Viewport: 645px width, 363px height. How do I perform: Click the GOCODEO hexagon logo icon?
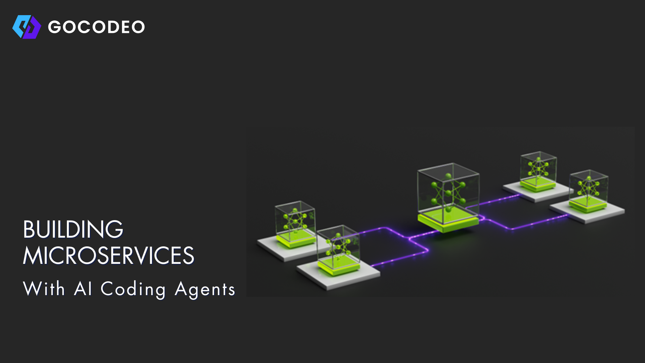(x=27, y=27)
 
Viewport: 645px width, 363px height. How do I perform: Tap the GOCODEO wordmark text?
(x=96, y=27)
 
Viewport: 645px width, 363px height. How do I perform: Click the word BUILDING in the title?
(x=73, y=230)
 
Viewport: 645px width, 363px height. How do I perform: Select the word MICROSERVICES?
(x=109, y=256)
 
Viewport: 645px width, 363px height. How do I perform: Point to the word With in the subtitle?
(x=44, y=289)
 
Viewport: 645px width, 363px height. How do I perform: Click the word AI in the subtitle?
(x=83, y=289)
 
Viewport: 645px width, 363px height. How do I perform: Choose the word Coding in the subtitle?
(x=133, y=289)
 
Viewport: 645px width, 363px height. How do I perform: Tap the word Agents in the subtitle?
(x=205, y=289)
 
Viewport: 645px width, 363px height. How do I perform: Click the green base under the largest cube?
(x=448, y=222)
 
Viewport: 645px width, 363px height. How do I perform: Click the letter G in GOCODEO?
(x=54, y=27)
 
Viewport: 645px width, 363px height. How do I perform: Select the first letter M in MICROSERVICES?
(x=30, y=256)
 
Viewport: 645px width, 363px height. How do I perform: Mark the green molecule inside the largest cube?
(x=448, y=193)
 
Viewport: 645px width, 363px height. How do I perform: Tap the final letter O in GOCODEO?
(x=138, y=27)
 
